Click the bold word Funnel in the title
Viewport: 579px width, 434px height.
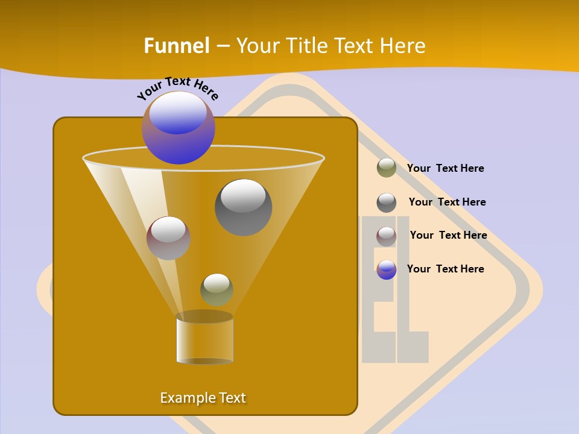177,46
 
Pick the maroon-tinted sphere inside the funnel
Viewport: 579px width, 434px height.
168,238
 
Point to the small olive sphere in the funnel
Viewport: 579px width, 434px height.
217,289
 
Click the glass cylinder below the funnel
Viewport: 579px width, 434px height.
204,341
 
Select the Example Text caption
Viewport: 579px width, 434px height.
203,398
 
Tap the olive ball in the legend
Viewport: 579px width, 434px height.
387,168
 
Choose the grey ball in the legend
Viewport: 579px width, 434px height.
387,203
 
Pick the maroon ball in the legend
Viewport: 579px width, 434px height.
387,236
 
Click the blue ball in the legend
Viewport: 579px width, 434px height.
387,269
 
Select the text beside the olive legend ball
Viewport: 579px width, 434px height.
445,168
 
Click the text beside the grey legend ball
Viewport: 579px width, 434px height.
447,202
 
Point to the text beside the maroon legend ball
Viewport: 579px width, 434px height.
448,235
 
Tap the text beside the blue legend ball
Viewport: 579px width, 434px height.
445,269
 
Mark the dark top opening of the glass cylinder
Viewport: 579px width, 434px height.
204,316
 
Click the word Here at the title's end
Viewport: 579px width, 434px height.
402,46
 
